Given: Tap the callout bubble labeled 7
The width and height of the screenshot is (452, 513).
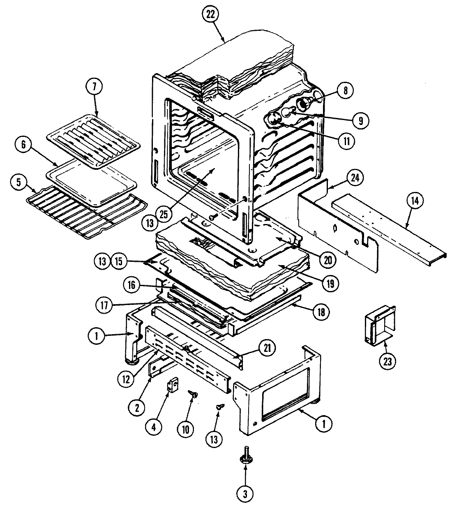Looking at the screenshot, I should click(x=94, y=87).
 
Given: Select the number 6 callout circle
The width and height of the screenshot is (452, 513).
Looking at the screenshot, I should click(x=23, y=145).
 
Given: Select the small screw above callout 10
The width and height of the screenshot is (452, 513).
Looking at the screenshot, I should click(x=192, y=394).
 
